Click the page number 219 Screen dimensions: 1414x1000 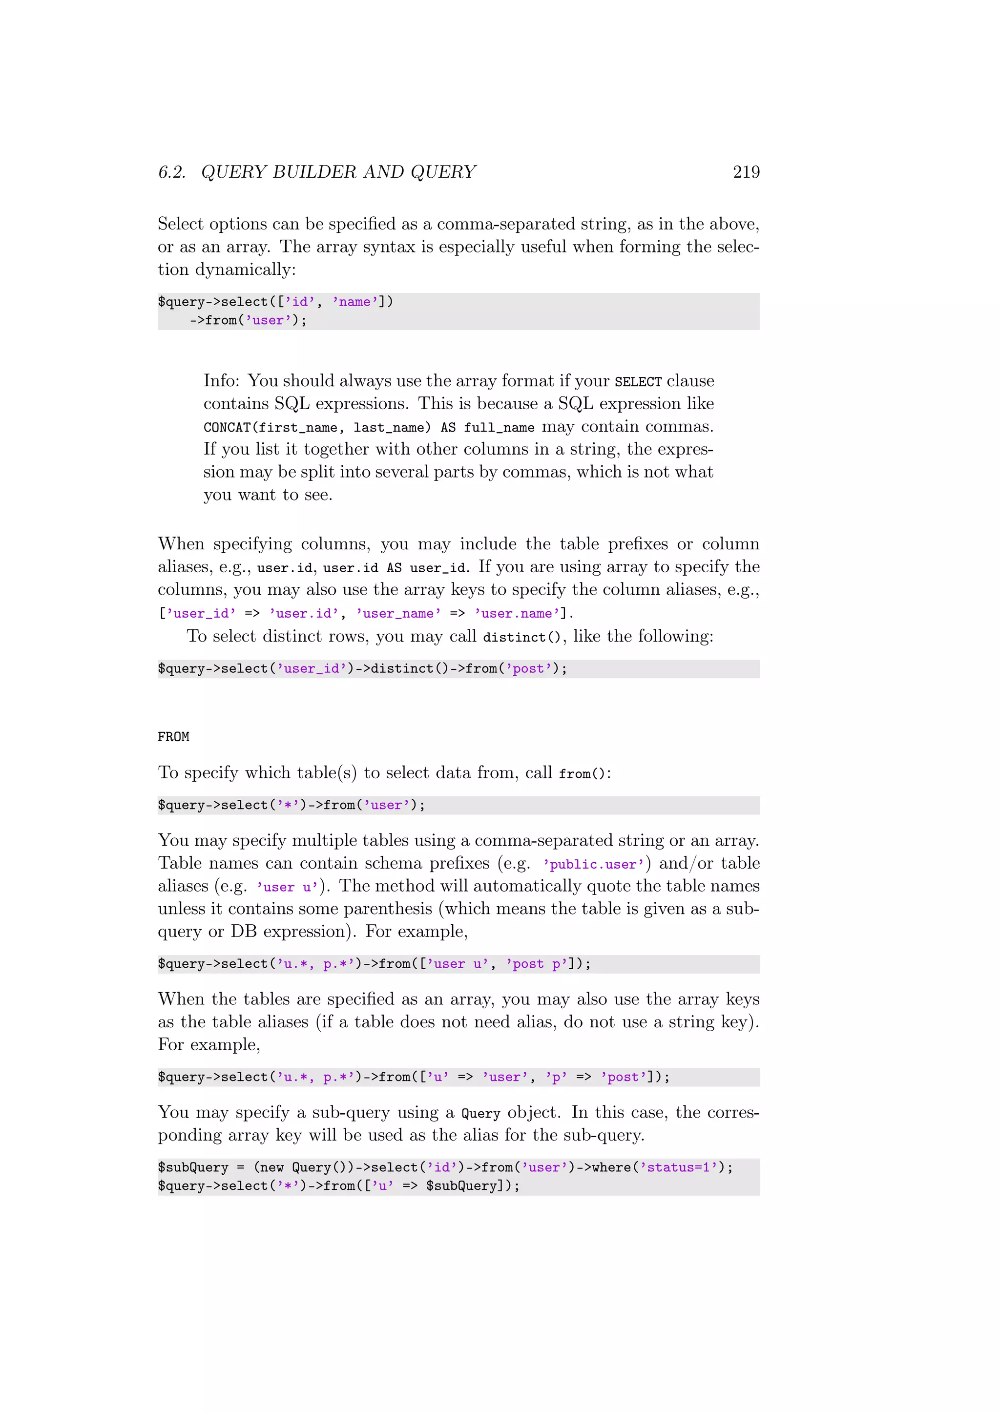746,172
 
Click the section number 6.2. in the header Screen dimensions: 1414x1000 172,172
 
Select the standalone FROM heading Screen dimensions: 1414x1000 174,737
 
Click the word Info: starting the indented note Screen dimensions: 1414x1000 222,380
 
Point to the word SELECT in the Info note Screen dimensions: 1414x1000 637,382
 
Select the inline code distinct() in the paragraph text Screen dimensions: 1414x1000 521,637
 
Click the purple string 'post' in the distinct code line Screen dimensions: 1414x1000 528,669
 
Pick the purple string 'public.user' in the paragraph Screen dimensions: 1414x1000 593,864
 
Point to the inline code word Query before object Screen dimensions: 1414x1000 480,1113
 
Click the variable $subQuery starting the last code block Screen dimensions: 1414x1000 193,1167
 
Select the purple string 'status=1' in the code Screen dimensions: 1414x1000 678,1167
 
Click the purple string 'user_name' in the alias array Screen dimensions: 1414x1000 398,613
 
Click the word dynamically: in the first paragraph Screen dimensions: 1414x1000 245,270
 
